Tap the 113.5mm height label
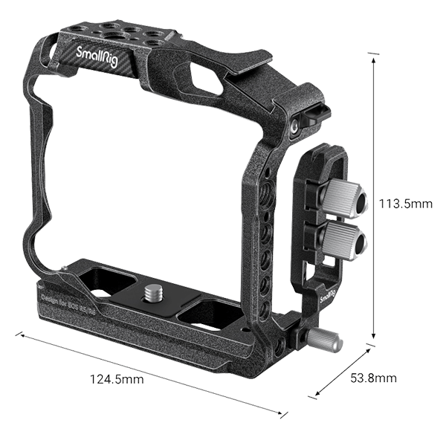click(x=404, y=203)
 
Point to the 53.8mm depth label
click(x=373, y=378)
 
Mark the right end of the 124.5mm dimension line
click(x=285, y=413)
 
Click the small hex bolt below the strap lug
click(x=296, y=127)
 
